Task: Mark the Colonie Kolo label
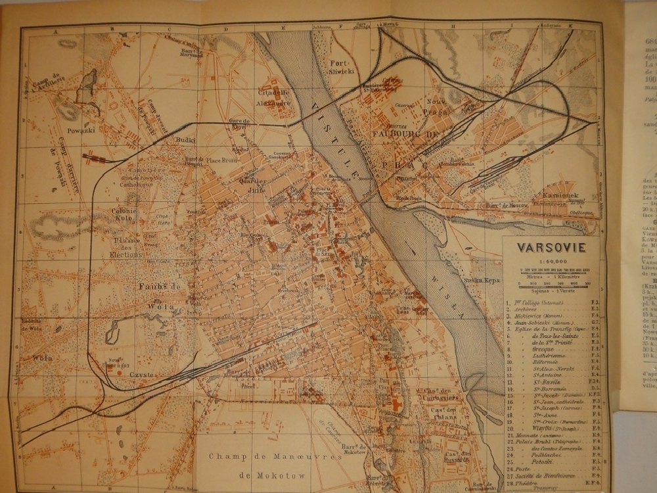coord(124,216)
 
